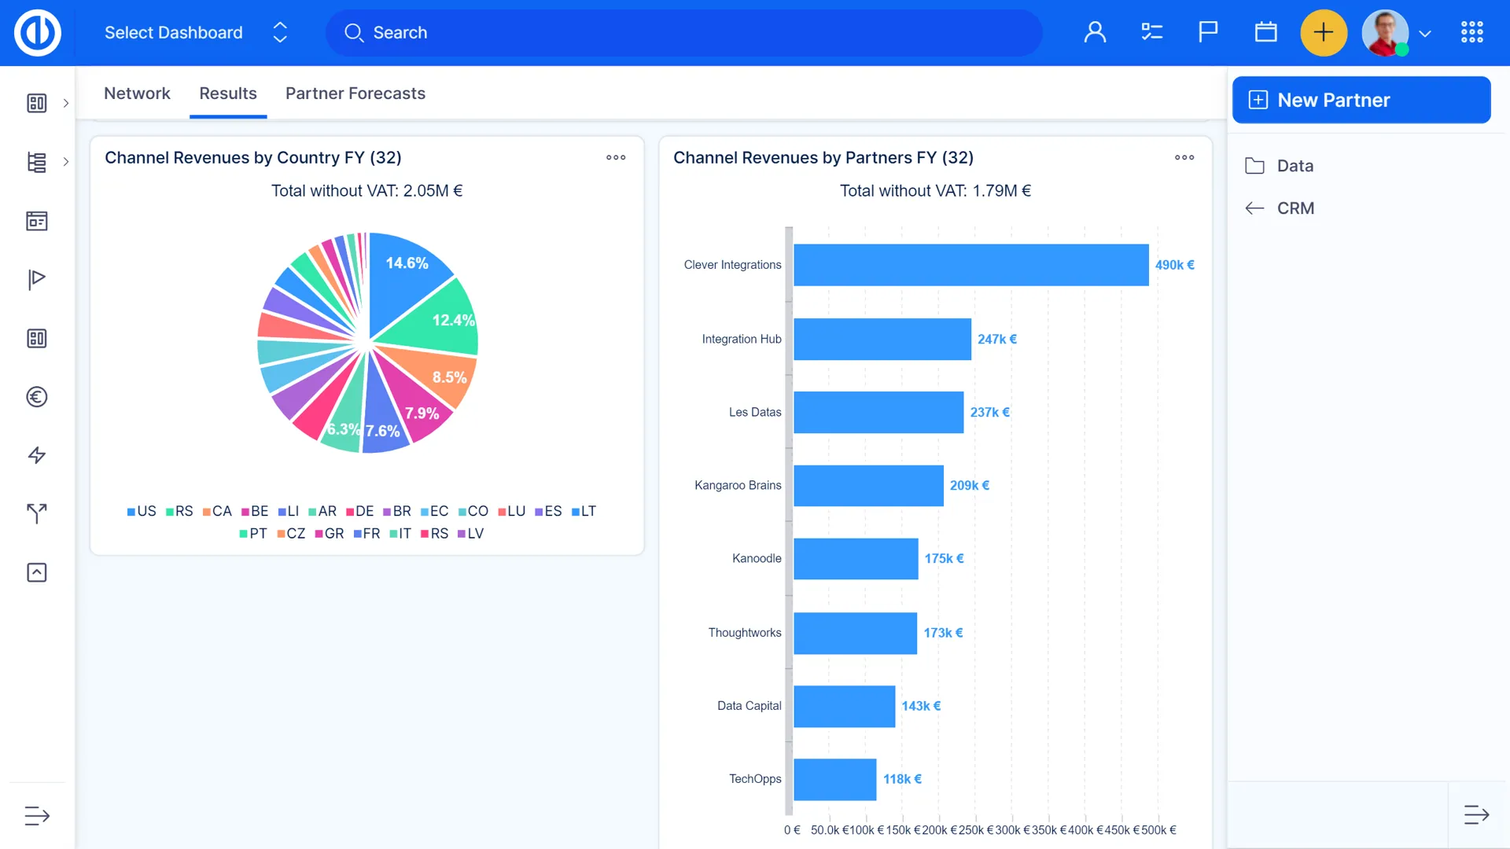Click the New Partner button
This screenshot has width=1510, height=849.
tap(1361, 100)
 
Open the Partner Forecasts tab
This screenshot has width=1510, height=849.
tap(355, 94)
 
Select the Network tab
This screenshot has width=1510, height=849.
tap(137, 94)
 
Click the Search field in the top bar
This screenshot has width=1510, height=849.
tap(684, 33)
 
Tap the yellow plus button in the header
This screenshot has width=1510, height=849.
tap(1324, 33)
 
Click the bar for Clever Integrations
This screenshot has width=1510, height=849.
tap(970, 265)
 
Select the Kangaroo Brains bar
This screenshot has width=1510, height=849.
tap(868, 486)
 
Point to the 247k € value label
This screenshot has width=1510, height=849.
tap(996, 340)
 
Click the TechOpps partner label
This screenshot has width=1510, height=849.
tap(754, 779)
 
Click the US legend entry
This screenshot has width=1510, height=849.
tap(142, 512)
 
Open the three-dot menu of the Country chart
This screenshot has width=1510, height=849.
tap(616, 158)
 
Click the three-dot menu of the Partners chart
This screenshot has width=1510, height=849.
tap(1184, 158)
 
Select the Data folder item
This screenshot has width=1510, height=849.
tap(1295, 166)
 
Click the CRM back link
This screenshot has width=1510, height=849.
tap(1295, 208)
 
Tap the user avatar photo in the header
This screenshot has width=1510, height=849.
tap(1384, 33)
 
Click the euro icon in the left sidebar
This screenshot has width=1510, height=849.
tap(37, 397)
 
